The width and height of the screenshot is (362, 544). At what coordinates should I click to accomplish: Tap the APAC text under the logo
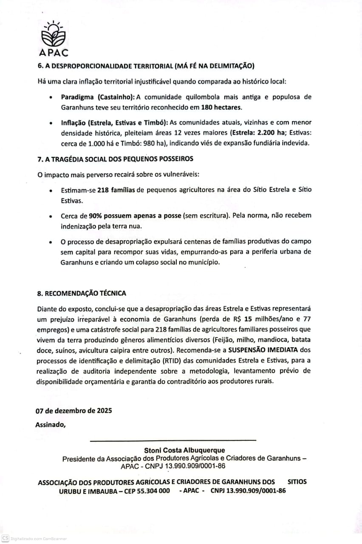click(x=53, y=53)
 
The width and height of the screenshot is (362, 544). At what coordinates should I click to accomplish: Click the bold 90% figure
click(x=97, y=215)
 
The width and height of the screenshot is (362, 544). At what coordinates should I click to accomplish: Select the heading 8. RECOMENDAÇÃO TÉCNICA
click(x=81, y=293)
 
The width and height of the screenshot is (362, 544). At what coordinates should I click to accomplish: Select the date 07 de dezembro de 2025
click(x=74, y=411)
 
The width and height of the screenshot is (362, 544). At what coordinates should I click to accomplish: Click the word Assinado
click(x=51, y=423)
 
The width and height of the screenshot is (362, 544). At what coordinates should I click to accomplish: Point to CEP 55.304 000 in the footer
click(x=144, y=491)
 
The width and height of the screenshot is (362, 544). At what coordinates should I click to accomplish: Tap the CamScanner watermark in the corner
click(x=34, y=538)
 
